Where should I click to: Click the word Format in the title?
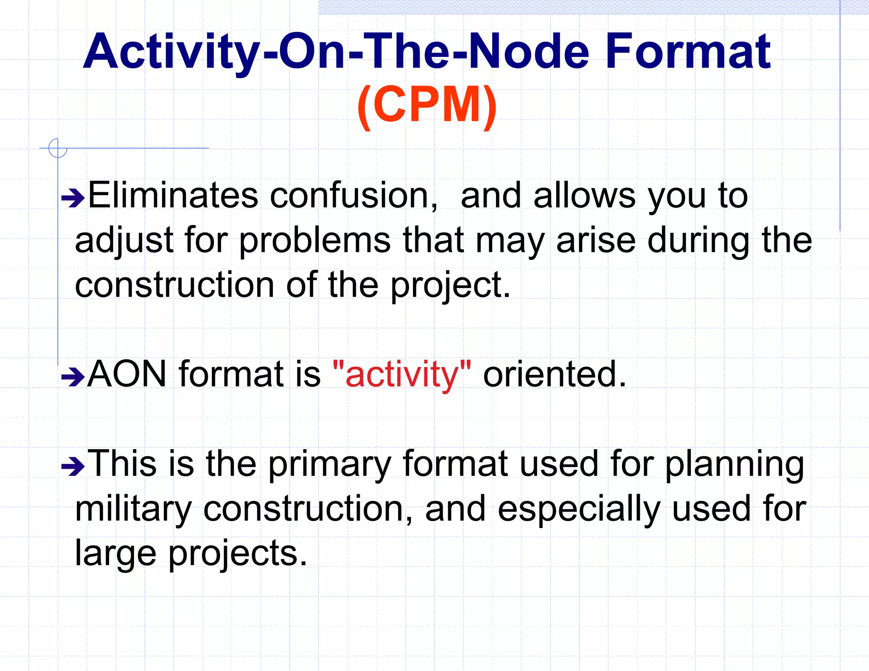pyautogui.click(x=687, y=52)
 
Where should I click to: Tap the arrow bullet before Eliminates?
pyautogui.click(x=73, y=198)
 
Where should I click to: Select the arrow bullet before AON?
pyautogui.click(x=73, y=377)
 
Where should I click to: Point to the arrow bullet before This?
pyautogui.click(x=73, y=467)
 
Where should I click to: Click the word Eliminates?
pyautogui.click(x=173, y=196)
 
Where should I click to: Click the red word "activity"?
pyautogui.click(x=402, y=375)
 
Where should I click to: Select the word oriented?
pyautogui.click(x=554, y=375)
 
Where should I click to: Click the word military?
pyautogui.click(x=133, y=509)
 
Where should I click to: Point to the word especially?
pyautogui.click(x=579, y=509)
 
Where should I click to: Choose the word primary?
pyautogui.click(x=329, y=465)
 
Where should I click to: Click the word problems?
pyautogui.click(x=314, y=240)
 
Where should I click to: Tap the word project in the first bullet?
pyautogui.click(x=450, y=285)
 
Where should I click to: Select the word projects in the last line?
pyautogui.click(x=238, y=554)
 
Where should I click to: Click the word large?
pyautogui.click(x=115, y=554)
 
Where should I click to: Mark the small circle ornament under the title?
pyautogui.click(x=58, y=148)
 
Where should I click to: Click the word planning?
pyautogui.click(x=734, y=465)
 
